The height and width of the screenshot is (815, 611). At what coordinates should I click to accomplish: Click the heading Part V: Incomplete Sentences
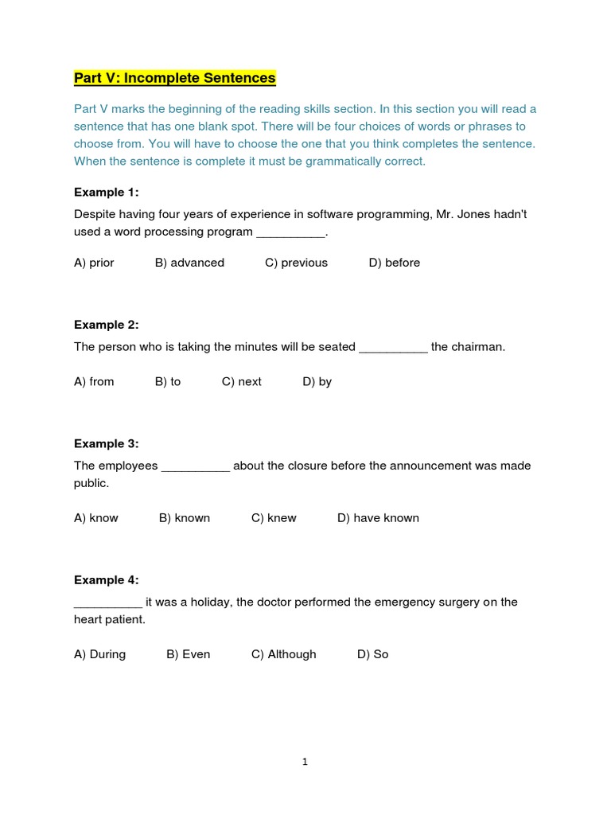[174, 78]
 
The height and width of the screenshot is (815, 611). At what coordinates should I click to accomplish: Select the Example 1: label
[106, 192]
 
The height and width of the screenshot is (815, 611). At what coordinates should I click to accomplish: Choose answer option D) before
[394, 263]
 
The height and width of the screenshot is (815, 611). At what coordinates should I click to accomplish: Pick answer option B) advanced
[189, 263]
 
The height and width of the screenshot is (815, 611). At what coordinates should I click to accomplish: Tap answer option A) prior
[94, 263]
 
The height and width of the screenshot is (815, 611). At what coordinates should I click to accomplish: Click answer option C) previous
[296, 263]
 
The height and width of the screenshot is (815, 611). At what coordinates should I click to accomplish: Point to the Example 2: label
[106, 324]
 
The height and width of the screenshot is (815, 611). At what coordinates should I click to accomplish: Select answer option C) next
[241, 381]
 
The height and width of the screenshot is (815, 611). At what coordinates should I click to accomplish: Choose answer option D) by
[317, 381]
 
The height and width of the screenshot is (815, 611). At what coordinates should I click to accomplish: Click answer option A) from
[94, 381]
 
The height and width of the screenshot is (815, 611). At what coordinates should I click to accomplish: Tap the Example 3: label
[106, 443]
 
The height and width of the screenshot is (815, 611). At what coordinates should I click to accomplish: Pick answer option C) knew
[274, 518]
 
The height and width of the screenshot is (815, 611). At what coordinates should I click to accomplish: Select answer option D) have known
[378, 518]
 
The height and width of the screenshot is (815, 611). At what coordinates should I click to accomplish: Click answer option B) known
[185, 518]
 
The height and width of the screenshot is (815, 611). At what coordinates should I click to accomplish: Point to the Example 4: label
[106, 580]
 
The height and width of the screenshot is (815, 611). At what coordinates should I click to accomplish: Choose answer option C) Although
[283, 654]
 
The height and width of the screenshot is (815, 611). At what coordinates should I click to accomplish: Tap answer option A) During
[99, 654]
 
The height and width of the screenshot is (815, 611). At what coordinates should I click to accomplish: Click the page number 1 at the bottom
[305, 762]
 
